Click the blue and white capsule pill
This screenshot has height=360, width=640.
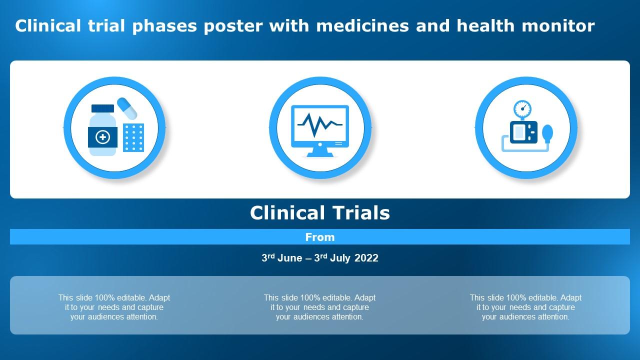pyautogui.click(x=127, y=108)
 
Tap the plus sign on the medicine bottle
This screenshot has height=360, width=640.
pyautogui.click(x=103, y=137)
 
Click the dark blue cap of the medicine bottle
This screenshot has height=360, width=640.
pyautogui.click(x=103, y=108)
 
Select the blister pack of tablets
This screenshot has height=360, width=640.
pyautogui.click(x=133, y=137)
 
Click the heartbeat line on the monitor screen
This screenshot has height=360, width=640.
pyautogui.click(x=320, y=124)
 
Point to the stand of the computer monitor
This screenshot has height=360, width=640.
pyautogui.click(x=320, y=151)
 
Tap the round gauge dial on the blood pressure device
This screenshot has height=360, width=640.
pyautogui.click(x=522, y=108)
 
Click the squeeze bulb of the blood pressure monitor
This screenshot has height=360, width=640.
pyautogui.click(x=548, y=133)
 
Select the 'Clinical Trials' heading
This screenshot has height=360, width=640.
pyautogui.click(x=320, y=213)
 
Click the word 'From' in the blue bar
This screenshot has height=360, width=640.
pyautogui.click(x=320, y=237)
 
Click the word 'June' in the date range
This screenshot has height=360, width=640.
pyautogui.click(x=290, y=258)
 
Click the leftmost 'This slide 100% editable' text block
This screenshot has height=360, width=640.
pyautogui.click(x=114, y=307)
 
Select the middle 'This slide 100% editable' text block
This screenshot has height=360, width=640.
pyautogui.click(x=320, y=307)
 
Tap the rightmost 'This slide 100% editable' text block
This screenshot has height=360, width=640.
pyautogui.click(x=525, y=307)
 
